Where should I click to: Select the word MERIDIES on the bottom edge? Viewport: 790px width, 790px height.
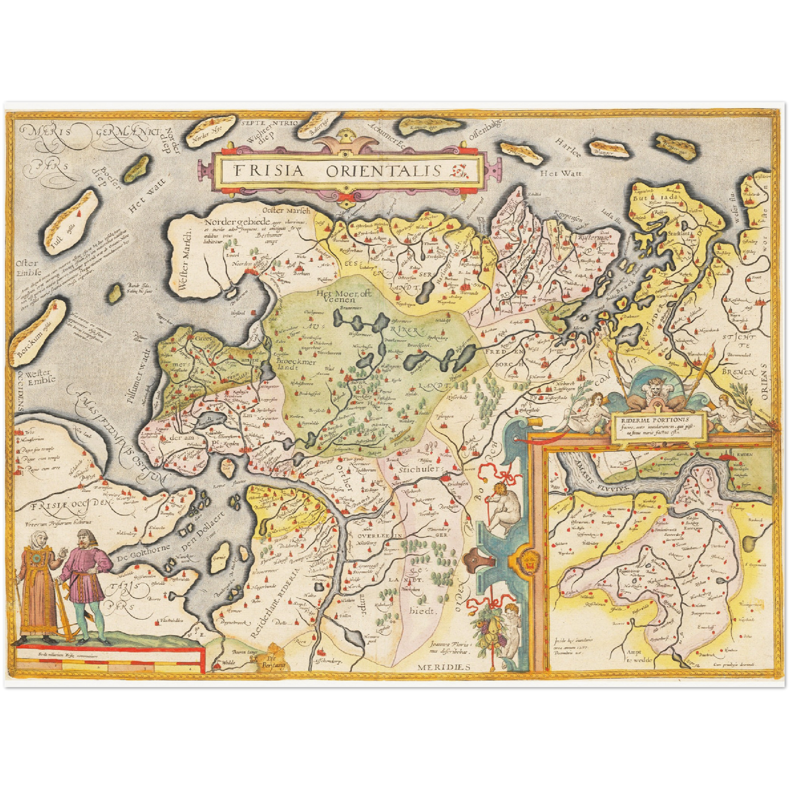pos(444,667)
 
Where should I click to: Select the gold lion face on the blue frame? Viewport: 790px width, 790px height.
pos(529,563)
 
